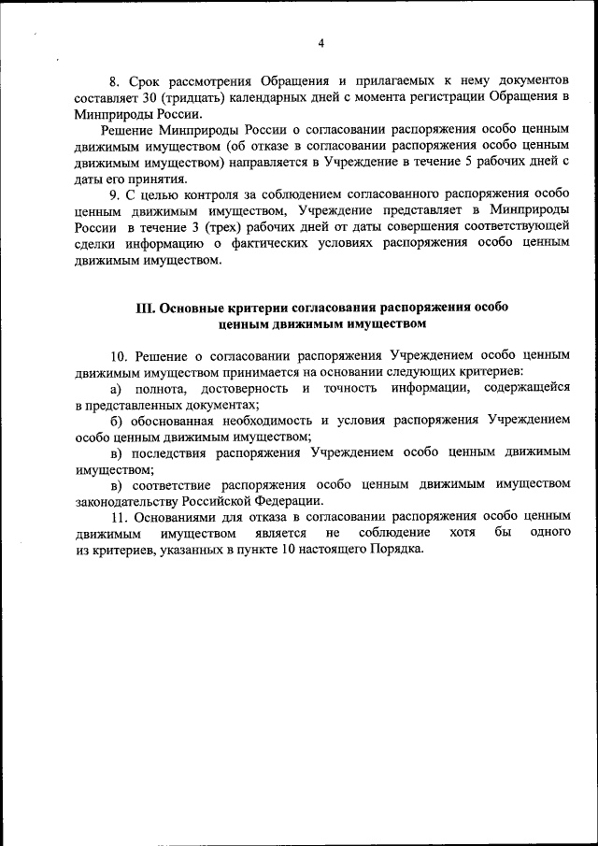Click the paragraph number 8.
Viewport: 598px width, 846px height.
pos(116,82)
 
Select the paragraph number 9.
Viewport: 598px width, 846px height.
pos(116,194)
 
